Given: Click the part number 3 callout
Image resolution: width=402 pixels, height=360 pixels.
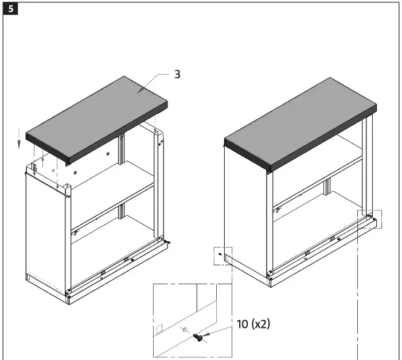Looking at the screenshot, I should (178, 75).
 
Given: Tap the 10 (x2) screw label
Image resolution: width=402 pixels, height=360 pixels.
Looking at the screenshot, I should (253, 324).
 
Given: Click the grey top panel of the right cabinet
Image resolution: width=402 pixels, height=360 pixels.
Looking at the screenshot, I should (298, 123).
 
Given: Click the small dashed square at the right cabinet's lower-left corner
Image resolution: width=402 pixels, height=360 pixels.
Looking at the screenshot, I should (223, 256).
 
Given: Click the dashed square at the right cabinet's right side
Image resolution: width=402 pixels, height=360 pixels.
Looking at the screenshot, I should (370, 218).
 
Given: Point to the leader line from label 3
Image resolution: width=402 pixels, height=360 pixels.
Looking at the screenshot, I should (155, 80).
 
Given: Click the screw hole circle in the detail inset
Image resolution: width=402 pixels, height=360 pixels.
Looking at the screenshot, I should (184, 330).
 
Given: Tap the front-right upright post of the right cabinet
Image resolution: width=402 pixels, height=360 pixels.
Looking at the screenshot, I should (269, 224).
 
